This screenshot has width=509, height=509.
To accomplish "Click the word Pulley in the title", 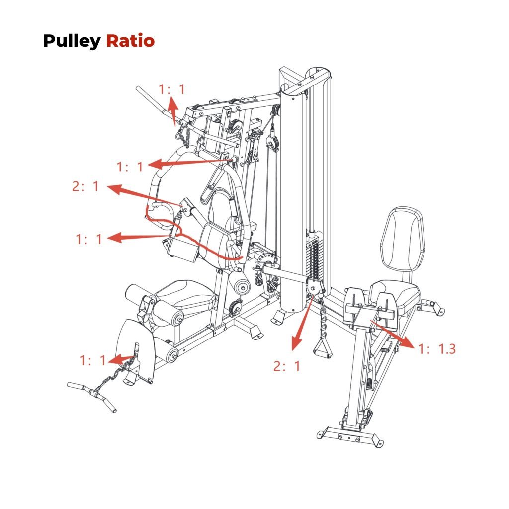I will [x=72, y=41].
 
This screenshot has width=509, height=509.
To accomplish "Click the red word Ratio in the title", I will [x=130, y=41].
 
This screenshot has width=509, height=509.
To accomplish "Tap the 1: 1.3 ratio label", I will [x=437, y=349].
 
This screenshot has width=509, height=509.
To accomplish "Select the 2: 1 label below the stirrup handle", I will [x=287, y=367].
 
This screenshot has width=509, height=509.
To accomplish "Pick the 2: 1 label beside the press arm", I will [x=85, y=187].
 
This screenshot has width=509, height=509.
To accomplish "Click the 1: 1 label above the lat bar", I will [x=171, y=89].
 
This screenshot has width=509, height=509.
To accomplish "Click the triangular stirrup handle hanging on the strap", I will [x=324, y=347].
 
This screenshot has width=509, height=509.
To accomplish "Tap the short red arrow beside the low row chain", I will [x=122, y=358].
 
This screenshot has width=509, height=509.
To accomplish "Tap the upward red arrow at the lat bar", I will [x=173, y=109].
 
